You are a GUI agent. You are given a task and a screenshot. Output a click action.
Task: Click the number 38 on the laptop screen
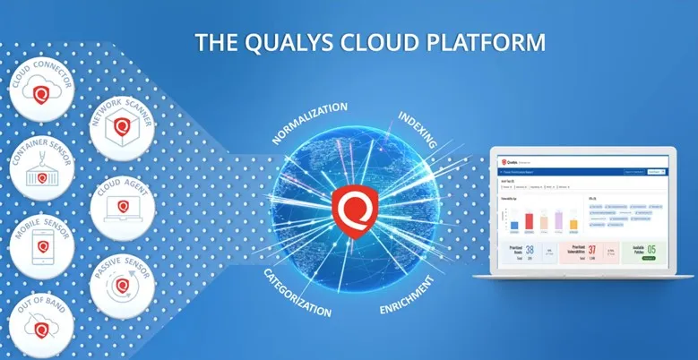(530, 253)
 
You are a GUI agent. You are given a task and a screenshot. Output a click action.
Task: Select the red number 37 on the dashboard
(591, 253)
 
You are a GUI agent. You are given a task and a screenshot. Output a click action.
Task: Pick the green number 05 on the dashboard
(651, 251)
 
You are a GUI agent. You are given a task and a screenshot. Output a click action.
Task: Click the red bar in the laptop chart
(528, 221)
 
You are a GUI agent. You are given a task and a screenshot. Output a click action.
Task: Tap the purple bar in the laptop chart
(558, 220)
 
